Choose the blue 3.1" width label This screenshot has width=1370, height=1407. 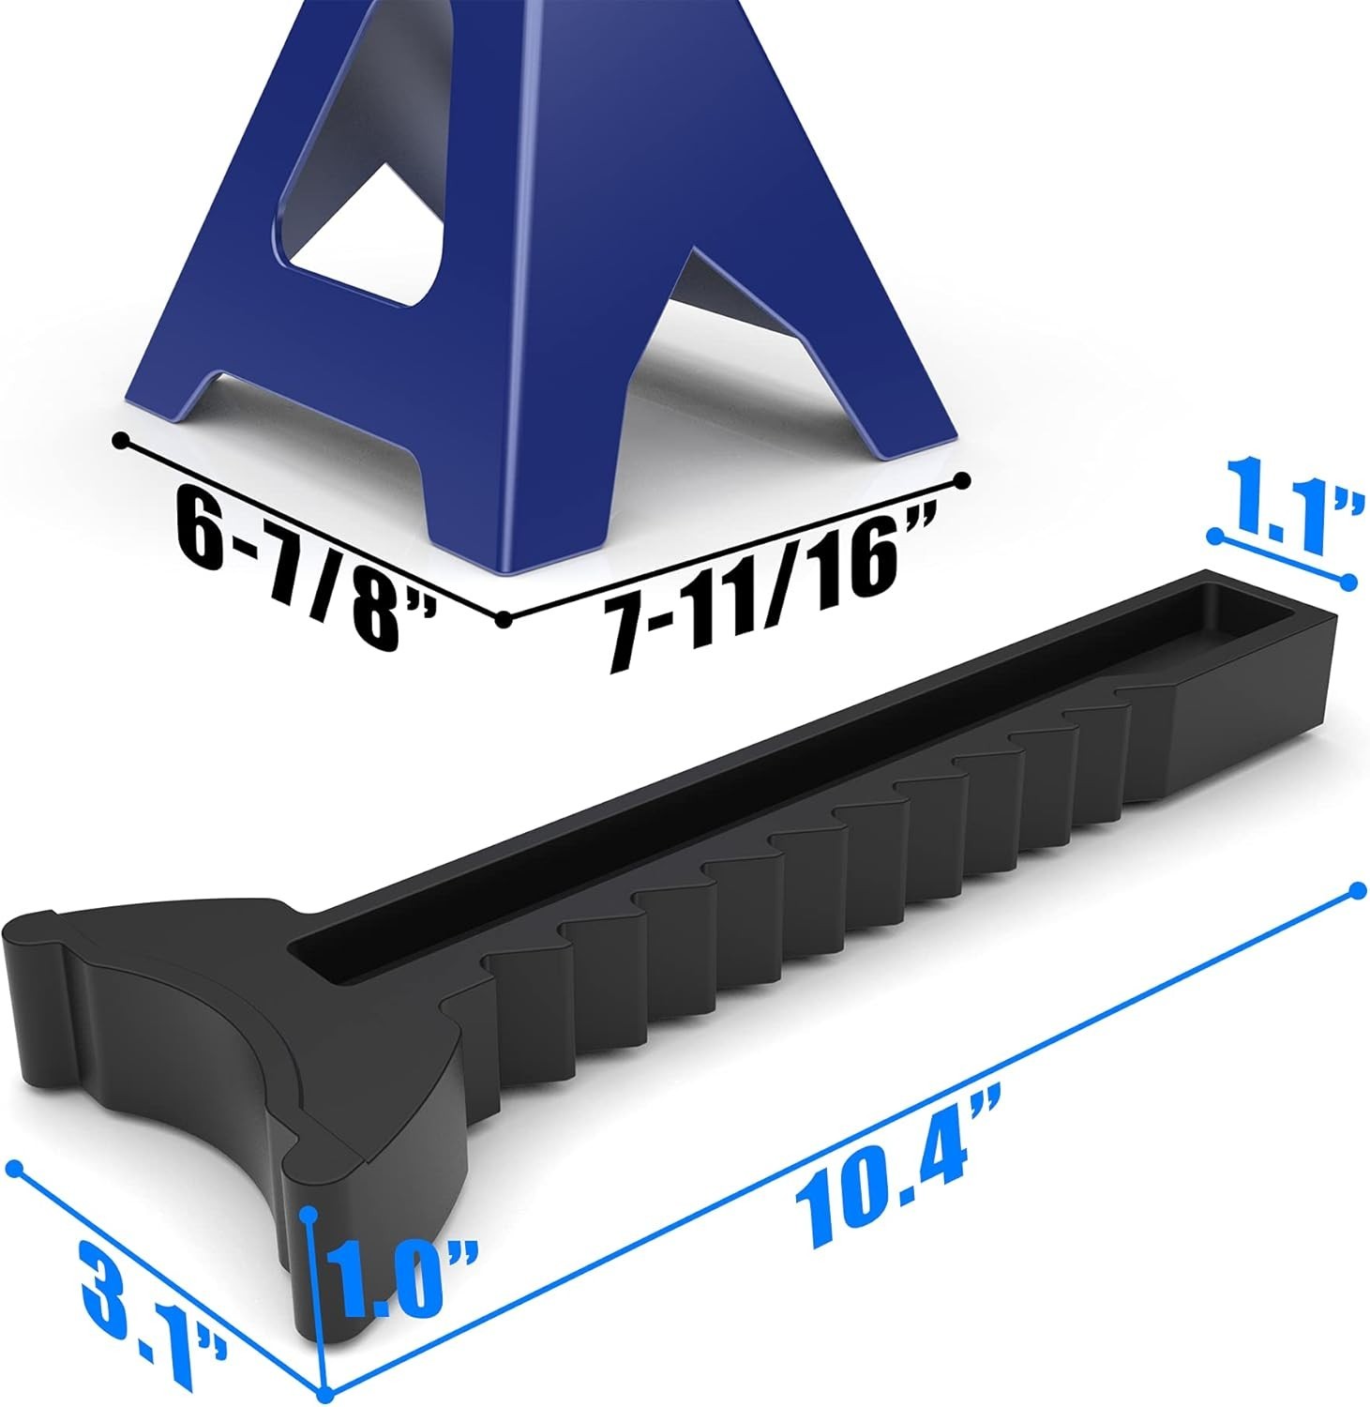pos(150,1304)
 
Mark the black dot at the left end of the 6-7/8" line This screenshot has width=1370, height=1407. pos(119,440)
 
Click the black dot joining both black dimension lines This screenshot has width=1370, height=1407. pos(504,618)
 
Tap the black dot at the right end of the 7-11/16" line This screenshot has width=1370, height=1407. pos(960,480)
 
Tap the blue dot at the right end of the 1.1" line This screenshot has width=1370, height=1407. pos(1348,582)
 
